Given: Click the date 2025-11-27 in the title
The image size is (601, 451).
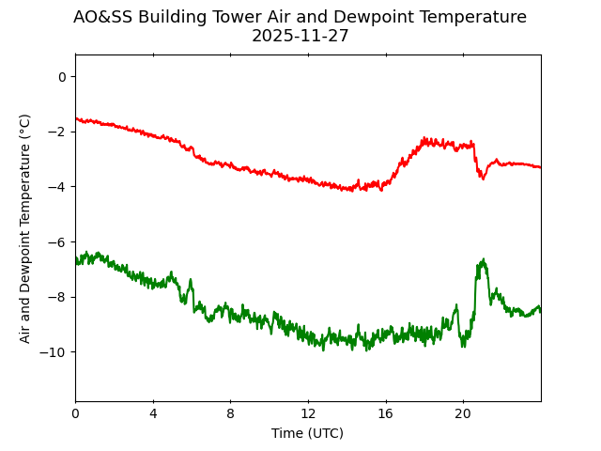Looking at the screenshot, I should pyautogui.click(x=300, y=36).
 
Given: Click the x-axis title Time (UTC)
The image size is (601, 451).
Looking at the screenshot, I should pyautogui.click(x=307, y=433).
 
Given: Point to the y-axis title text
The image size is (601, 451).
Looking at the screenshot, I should pyautogui.click(x=25, y=227).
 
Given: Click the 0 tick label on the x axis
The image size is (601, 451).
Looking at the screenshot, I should pyautogui.click(x=75, y=413).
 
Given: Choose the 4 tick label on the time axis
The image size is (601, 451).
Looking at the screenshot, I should pyautogui.click(x=153, y=413).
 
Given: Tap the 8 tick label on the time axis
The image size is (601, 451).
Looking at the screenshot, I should pyautogui.click(x=230, y=413).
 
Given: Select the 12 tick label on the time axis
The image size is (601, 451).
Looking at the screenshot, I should pyautogui.click(x=308, y=413).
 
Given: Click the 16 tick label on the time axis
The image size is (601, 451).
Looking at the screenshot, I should pyautogui.click(x=385, y=413).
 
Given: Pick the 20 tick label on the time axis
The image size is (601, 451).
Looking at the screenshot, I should pyautogui.click(x=463, y=413).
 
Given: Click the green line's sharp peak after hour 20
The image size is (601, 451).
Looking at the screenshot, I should pyautogui.click(x=483, y=260).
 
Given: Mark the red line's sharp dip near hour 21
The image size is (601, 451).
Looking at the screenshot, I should pyautogui.click(x=483, y=178).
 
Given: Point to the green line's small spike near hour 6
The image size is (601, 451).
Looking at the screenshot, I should pyautogui.click(x=191, y=280).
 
